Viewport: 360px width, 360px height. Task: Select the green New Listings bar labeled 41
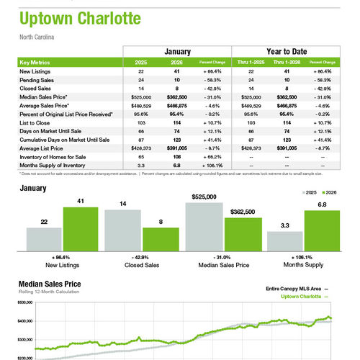[81, 228]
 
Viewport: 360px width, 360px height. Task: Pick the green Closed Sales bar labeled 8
[160, 238]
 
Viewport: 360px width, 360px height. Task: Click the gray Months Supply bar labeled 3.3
[284, 240]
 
